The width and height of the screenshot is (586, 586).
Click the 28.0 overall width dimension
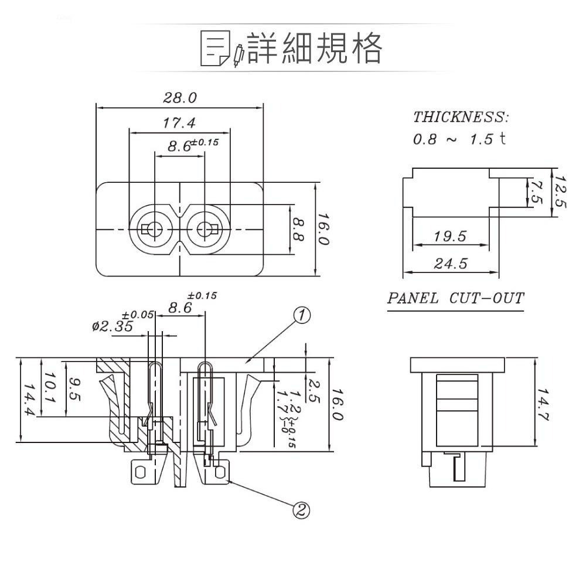point(179,98)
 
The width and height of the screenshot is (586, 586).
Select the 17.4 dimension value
point(179,124)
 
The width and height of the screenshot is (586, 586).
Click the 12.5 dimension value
point(560,192)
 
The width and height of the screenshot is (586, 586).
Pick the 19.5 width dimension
point(450,236)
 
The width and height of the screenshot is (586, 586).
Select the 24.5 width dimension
point(450,264)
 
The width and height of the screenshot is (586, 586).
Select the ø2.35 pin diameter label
point(113,326)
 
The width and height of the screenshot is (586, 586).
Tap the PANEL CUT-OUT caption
point(455,298)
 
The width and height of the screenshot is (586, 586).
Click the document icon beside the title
point(214,47)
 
